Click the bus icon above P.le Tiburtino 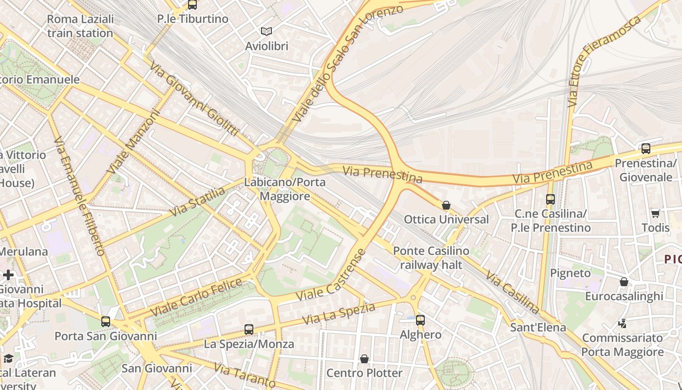192,5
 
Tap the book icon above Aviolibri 266,32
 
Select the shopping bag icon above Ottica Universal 446,205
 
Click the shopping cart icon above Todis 655,214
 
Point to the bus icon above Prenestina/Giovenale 645,149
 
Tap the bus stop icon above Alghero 420,320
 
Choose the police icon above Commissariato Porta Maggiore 622,323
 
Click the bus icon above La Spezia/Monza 249,330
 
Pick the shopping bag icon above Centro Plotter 364,359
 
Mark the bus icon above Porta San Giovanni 106,322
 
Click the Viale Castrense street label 330,275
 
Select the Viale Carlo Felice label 196,297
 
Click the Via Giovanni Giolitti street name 194,99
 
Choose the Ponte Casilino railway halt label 431,258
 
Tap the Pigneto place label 570,273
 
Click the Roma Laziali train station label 80,26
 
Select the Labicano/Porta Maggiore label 285,189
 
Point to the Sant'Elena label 538,327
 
